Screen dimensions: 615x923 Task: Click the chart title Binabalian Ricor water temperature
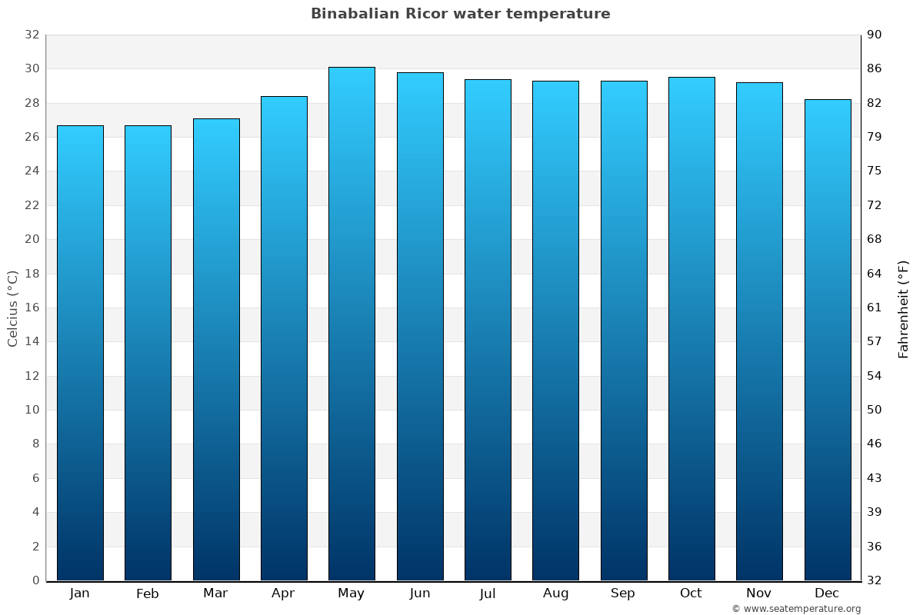point(460,14)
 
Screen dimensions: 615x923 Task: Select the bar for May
point(352,323)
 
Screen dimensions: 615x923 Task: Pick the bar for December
point(828,339)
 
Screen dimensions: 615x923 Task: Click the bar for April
point(284,337)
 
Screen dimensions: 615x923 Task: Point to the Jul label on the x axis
point(488,593)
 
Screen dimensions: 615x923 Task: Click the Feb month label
point(147,593)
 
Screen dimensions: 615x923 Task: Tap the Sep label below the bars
point(623,593)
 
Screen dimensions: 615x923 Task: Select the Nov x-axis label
point(759,593)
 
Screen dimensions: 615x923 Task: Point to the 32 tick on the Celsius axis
point(32,35)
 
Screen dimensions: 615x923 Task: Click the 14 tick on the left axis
point(32,341)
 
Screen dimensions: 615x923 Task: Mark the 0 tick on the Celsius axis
point(35,580)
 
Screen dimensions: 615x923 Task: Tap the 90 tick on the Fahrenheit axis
point(875,35)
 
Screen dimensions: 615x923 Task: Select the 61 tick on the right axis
point(875,307)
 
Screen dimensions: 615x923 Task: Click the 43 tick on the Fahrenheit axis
point(875,478)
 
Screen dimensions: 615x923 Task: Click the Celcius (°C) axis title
point(13,307)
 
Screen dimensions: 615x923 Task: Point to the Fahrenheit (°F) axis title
point(903,308)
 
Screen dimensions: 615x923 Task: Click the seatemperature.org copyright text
point(796,609)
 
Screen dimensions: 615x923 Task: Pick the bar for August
point(555,330)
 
